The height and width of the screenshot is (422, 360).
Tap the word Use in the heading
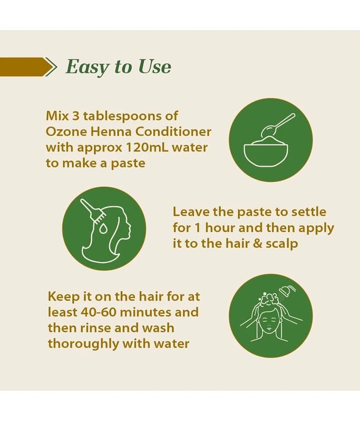point(154,66)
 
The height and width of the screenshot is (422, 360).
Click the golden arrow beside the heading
point(28,67)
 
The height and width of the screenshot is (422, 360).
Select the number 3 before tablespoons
point(76,116)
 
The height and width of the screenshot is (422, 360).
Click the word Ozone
point(66,131)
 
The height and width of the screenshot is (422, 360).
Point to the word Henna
point(112,131)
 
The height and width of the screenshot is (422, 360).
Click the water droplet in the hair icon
point(103,229)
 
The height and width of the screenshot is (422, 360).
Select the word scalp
point(282,244)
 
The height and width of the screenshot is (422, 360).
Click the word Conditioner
point(173,131)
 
